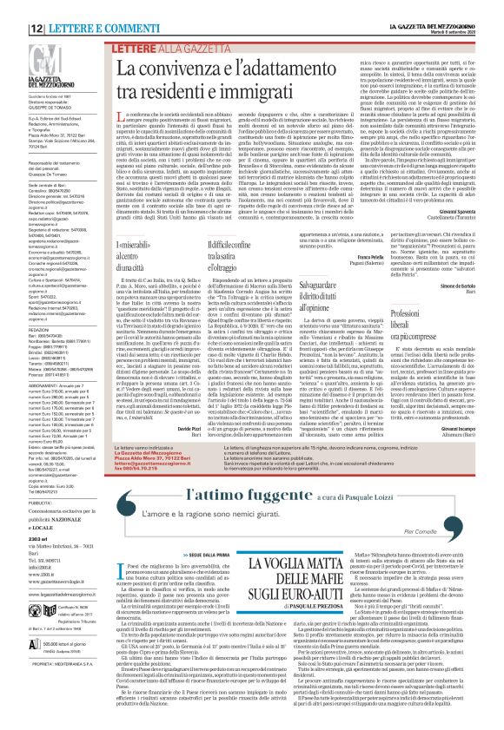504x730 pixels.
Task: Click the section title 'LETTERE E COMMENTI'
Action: pos(84,6)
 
